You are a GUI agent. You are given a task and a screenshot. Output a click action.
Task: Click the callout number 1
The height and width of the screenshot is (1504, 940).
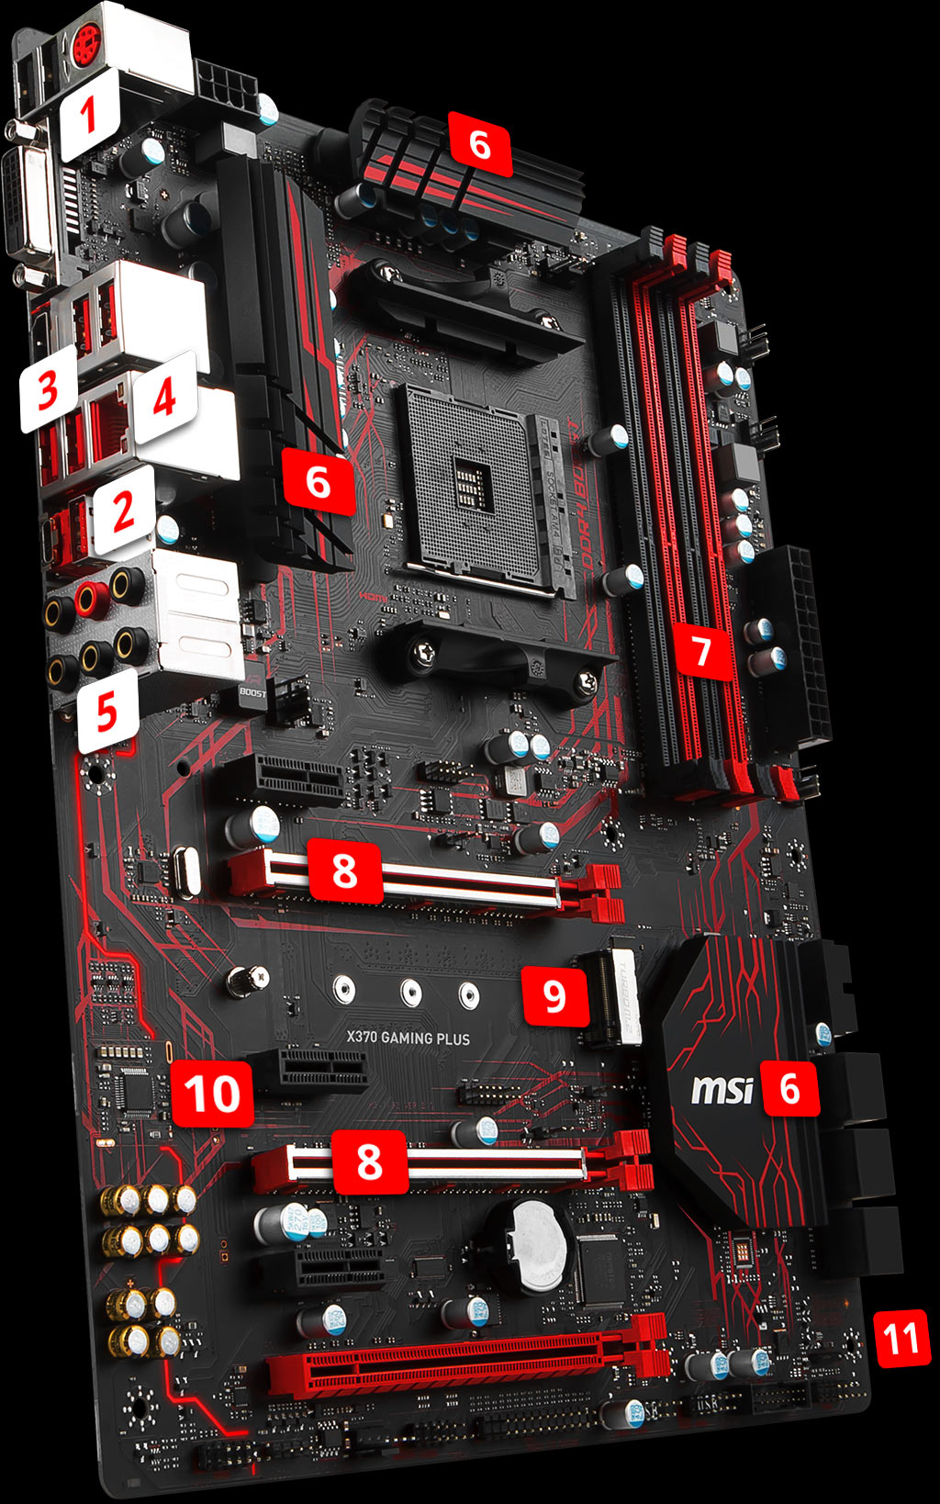89,117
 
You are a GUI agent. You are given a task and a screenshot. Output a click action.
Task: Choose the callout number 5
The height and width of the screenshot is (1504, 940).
107,711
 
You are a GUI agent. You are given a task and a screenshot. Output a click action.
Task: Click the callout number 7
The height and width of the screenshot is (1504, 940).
702,650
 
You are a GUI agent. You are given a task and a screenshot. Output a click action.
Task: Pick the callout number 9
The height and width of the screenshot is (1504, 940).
554,995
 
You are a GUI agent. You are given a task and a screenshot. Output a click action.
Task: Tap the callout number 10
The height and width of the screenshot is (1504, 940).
213,1094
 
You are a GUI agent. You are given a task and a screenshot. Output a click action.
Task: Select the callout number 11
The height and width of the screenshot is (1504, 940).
901,1338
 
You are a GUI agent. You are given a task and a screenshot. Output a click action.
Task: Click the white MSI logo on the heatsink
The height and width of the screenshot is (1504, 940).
722,1090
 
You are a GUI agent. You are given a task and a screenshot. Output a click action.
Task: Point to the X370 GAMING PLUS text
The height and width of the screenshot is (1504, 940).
408,1038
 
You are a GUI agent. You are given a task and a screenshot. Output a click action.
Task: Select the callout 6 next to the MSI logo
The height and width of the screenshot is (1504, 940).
789,1088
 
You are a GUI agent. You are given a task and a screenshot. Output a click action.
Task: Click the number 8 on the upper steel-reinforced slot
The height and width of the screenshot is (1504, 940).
344,869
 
